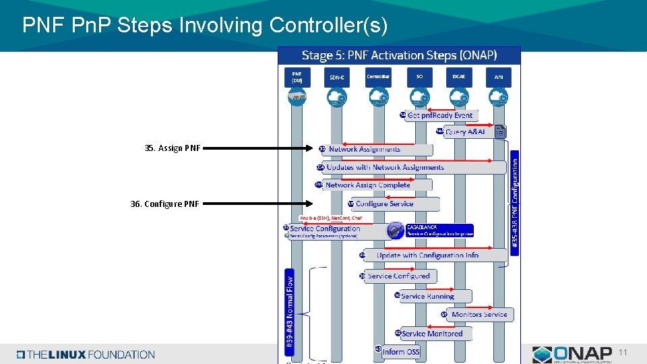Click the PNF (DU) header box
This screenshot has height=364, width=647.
[x=297, y=77]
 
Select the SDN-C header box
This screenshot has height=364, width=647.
[x=337, y=77]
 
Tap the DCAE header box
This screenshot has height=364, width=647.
[x=459, y=77]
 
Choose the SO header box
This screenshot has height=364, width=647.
[x=419, y=77]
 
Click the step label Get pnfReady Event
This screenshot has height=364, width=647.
[x=439, y=116]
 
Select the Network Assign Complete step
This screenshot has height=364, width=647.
[x=367, y=185]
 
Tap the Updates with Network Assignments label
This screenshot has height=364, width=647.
[x=385, y=167]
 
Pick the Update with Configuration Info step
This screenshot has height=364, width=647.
[x=427, y=255]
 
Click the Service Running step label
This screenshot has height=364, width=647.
[x=427, y=297]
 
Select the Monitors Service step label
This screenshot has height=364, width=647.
[x=479, y=315]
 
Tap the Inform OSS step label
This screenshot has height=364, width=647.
[x=400, y=352]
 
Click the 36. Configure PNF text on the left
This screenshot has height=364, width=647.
[x=165, y=204]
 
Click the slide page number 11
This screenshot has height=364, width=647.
[x=623, y=353]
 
